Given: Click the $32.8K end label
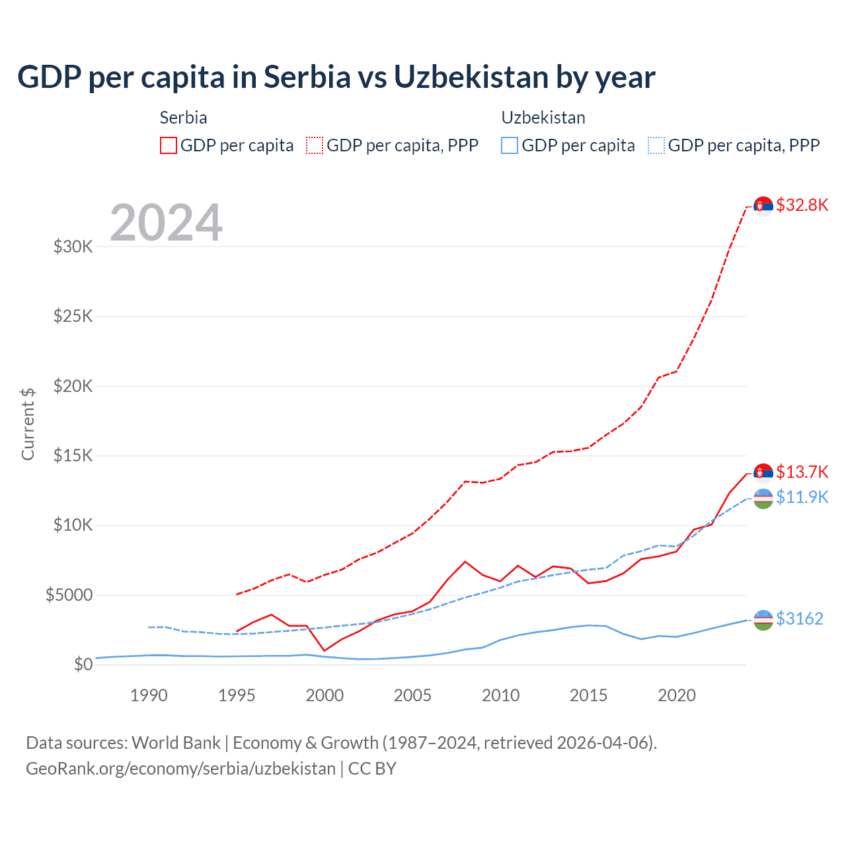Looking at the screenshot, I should [802, 205].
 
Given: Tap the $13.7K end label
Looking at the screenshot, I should [802, 472].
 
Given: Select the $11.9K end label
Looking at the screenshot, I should [802, 497].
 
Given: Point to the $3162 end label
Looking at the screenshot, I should [799, 619].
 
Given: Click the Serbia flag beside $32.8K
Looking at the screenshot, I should [763, 206].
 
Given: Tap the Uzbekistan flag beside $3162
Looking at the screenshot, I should [763, 620].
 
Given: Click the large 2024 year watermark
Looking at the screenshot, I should [166, 223].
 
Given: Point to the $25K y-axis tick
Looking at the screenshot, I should [73, 316].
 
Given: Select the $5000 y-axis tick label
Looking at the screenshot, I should [69, 595].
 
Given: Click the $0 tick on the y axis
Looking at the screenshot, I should [83, 664].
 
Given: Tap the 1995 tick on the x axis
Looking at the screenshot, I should [237, 695].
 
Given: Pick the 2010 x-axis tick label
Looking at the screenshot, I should [500, 695].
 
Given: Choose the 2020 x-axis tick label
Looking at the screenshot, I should [676, 695].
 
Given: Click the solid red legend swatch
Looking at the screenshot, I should [169, 145].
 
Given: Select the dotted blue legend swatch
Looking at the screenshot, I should [656, 145].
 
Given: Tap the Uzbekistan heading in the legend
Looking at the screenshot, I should [543, 118].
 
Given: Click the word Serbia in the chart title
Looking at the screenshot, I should [307, 77].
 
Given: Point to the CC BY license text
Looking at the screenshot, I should [372, 769].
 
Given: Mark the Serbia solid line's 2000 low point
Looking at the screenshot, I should [325, 650].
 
